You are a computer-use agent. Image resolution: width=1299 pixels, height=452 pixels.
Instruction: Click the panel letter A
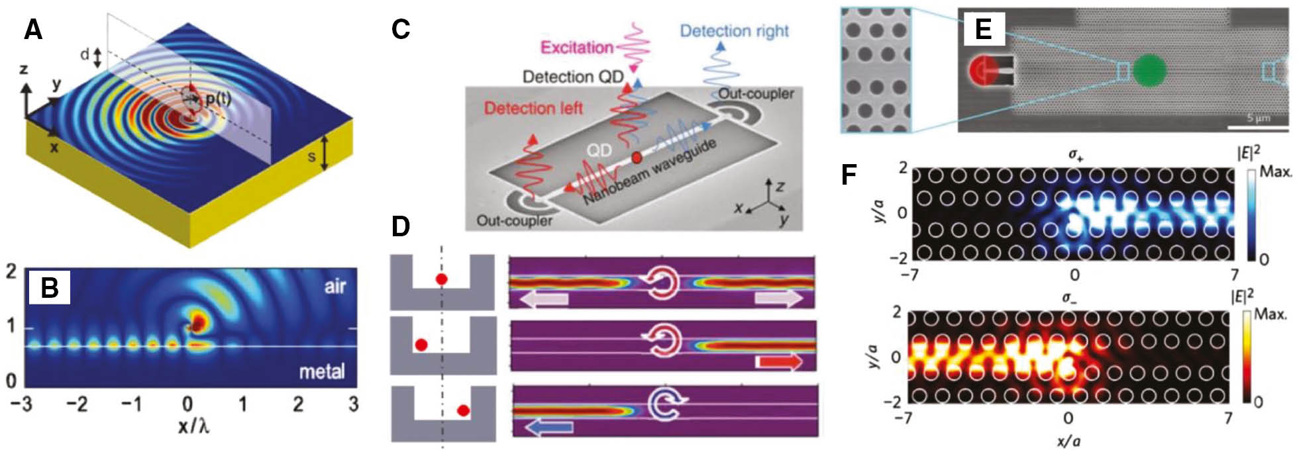click(x=33, y=30)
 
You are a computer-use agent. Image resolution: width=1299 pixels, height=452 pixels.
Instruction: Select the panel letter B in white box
click(x=50, y=287)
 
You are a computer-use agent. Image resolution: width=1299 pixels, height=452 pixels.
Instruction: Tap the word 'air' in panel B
click(x=335, y=286)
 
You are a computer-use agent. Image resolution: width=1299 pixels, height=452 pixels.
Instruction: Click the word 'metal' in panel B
click(x=321, y=372)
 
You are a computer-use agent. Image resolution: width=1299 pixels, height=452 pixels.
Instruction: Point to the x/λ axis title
click(x=193, y=426)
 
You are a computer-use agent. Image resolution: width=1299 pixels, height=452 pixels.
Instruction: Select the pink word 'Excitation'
click(x=576, y=48)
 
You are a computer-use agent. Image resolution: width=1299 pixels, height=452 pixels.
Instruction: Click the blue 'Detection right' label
click(x=734, y=31)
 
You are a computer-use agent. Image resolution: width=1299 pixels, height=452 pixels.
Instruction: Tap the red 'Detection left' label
click(x=533, y=108)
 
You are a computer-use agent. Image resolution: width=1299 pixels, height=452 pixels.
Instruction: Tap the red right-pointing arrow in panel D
click(x=779, y=361)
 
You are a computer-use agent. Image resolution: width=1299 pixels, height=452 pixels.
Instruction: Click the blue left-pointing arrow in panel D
click(x=549, y=428)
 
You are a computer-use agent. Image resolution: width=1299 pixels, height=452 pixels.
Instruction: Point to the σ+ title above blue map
click(x=1074, y=156)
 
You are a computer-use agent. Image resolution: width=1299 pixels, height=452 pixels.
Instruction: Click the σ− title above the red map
click(x=1068, y=298)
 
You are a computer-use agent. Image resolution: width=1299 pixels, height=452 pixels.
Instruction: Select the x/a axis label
click(x=1068, y=441)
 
